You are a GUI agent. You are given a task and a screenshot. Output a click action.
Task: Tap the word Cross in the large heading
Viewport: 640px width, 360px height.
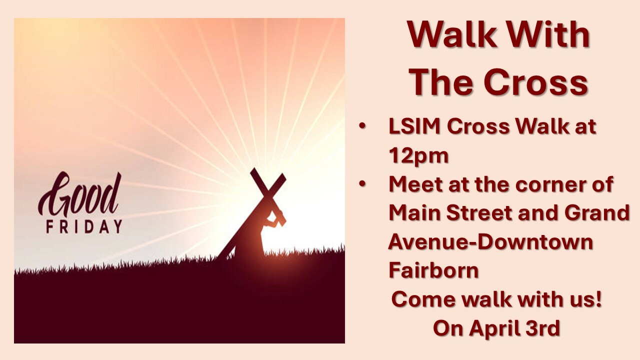536,82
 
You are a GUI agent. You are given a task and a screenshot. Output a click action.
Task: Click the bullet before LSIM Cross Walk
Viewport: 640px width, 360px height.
362,126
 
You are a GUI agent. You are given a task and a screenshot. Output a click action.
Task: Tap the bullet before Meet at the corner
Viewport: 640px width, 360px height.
362,184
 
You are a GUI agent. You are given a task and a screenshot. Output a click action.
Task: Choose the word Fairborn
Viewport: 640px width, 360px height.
433,270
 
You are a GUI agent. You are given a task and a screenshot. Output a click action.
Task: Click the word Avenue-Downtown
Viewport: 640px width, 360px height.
490,241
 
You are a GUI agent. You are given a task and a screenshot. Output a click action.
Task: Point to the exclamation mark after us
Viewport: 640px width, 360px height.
599,299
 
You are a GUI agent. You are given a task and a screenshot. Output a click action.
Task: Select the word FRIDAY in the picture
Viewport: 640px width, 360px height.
84,227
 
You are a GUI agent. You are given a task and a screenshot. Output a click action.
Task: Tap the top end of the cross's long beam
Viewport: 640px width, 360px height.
282,176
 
